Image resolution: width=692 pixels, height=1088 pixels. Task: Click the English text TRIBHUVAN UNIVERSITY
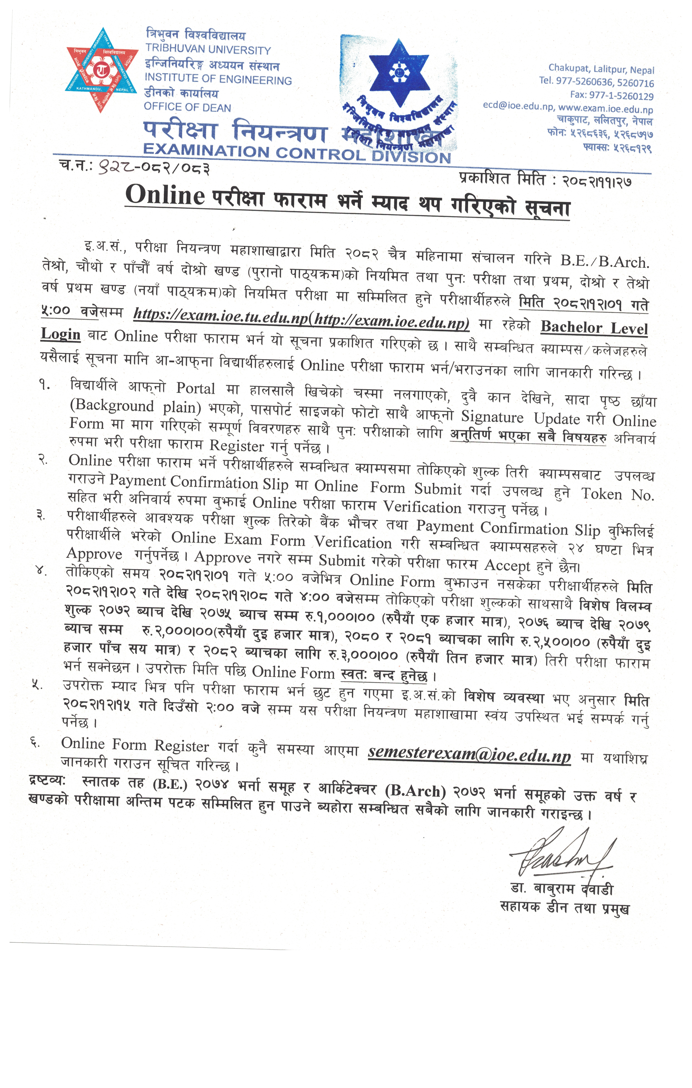click(208, 50)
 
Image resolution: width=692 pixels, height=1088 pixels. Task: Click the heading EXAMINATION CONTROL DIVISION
click(297, 153)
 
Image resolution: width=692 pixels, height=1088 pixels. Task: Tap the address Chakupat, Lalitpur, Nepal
click(601, 69)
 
